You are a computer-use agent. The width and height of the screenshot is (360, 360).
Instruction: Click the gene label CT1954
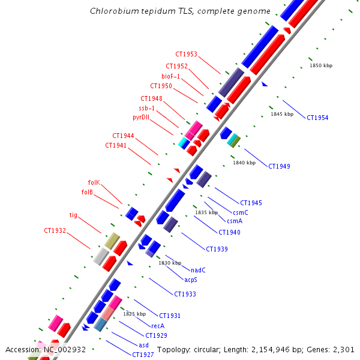tap(317, 118)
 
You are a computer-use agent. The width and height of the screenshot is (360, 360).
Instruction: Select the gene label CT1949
tap(279, 166)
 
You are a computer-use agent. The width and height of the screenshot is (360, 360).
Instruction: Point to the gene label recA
tap(158, 326)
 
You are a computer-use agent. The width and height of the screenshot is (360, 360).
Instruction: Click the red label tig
tap(73, 215)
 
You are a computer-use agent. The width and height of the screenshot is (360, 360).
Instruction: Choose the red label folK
tap(94, 182)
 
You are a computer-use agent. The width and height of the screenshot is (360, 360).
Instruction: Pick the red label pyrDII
tap(145, 118)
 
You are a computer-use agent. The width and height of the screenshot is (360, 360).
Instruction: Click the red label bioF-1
tap(171, 76)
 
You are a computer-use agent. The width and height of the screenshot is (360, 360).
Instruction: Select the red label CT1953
tap(186, 54)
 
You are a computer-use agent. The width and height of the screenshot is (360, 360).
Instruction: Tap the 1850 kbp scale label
tap(321, 65)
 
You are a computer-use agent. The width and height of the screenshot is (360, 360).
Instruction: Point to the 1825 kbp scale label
tap(134, 314)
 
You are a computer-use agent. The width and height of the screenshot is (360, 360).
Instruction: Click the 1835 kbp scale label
tap(206, 212)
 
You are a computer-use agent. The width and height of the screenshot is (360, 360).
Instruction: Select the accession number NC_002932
tap(64, 349)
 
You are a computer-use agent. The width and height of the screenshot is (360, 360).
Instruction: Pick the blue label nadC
tap(198, 270)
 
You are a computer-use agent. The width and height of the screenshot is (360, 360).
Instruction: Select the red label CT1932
tap(55, 230)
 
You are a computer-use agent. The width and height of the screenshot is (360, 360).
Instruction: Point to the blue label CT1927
tap(143, 355)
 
